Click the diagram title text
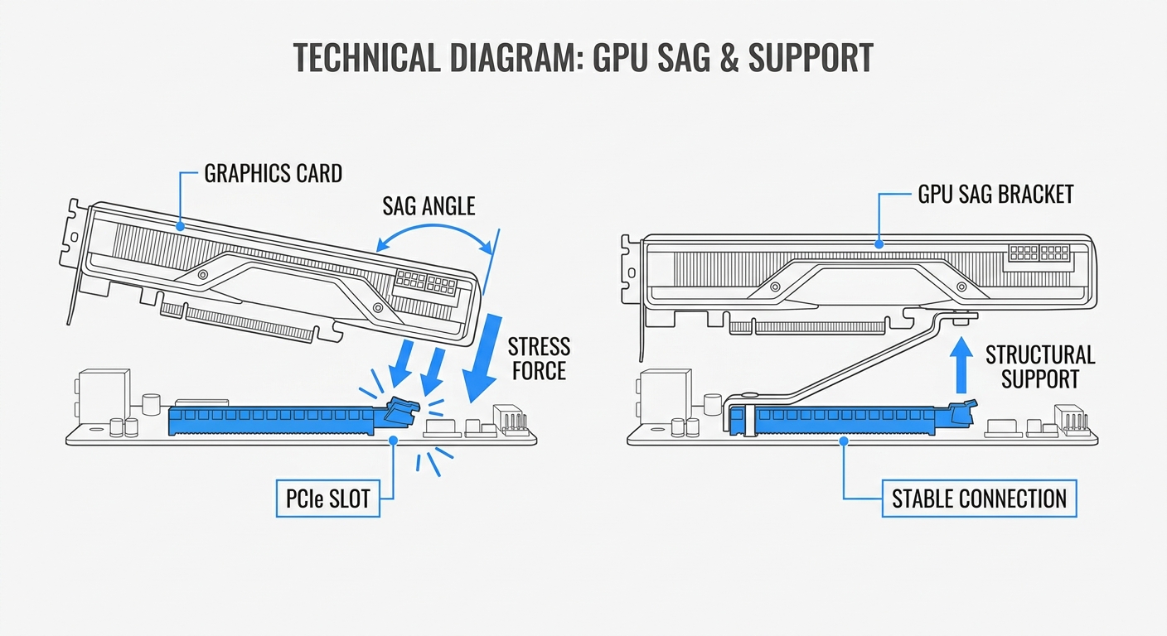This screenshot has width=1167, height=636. click(583, 58)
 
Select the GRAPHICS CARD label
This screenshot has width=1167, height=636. click(273, 174)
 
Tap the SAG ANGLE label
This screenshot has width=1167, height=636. click(429, 205)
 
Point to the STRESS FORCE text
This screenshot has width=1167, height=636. click(539, 359)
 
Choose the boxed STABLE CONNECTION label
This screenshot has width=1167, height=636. click(978, 499)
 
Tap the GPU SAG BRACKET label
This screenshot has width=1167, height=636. click(995, 195)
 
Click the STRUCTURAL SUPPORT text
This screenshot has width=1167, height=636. click(1039, 368)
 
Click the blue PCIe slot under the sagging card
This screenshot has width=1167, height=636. click(274, 421)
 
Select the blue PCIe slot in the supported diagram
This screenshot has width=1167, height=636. click(845, 421)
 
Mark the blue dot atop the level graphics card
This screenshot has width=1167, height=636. click(879, 244)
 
